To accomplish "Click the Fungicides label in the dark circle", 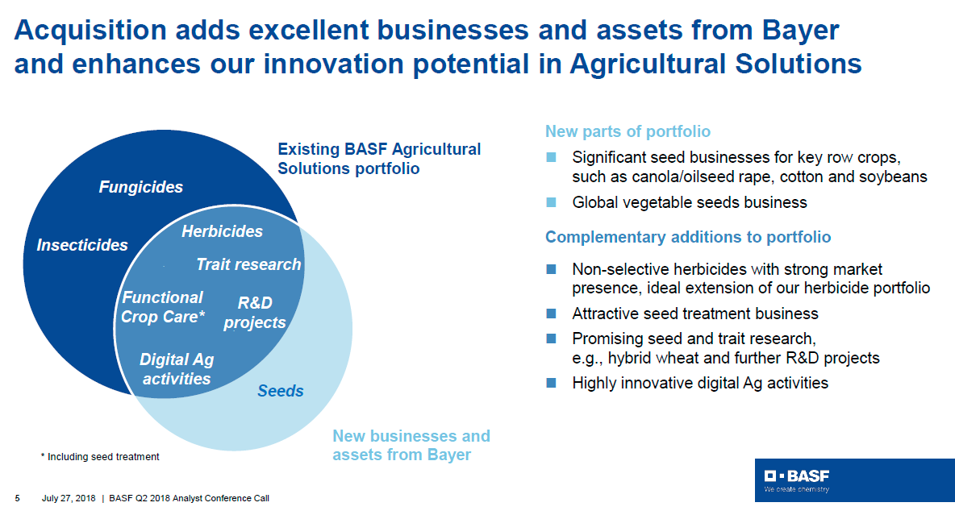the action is pyautogui.click(x=140, y=187).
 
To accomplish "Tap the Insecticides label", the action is pyautogui.click(x=82, y=245).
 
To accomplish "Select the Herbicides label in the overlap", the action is pyautogui.click(x=223, y=231).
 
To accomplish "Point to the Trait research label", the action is pyautogui.click(x=248, y=264).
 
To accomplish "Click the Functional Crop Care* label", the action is pyautogui.click(x=163, y=307).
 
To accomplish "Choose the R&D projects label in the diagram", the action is pyautogui.click(x=255, y=313).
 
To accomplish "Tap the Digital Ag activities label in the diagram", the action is pyautogui.click(x=177, y=369).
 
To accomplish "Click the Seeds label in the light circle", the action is pyautogui.click(x=280, y=391).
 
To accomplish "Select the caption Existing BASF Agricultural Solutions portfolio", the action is pyautogui.click(x=379, y=159).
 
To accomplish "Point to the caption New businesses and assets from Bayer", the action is pyautogui.click(x=411, y=445).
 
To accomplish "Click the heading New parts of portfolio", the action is pyautogui.click(x=628, y=131).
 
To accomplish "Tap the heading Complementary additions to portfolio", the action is pyautogui.click(x=688, y=237).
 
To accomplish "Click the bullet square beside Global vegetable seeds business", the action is pyautogui.click(x=551, y=203).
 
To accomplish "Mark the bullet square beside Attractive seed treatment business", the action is pyautogui.click(x=551, y=314).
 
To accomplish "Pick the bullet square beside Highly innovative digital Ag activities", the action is pyautogui.click(x=551, y=383).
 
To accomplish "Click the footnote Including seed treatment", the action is pyautogui.click(x=100, y=456).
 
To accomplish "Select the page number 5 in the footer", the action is pyautogui.click(x=18, y=498).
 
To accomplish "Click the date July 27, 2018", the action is pyautogui.click(x=69, y=498).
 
